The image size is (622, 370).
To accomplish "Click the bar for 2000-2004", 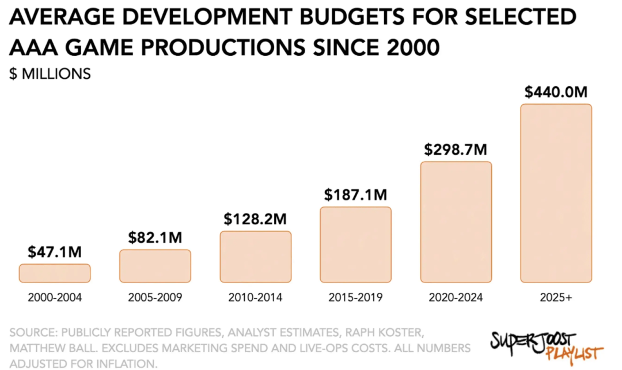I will [55, 273].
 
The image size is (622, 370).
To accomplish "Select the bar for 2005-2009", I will [155, 266].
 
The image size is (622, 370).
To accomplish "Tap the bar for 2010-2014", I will [255, 257].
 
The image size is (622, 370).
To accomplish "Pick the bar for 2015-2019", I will [355, 245].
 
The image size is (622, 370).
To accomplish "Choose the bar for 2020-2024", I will [456, 222].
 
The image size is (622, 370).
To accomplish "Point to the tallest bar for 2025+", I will [556, 193].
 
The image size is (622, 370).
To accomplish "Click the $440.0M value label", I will [556, 92].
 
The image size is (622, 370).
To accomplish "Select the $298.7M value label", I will [456, 150].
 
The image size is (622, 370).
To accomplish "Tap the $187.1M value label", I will [355, 195].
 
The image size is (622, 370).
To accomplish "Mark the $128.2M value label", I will [255, 219].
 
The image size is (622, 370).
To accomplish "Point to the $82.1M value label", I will [155, 238].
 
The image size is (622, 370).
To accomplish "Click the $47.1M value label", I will [55, 252].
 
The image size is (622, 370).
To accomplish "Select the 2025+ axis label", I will [556, 298].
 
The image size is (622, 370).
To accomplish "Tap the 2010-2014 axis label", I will [255, 298].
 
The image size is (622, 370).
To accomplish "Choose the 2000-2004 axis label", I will [55, 298].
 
